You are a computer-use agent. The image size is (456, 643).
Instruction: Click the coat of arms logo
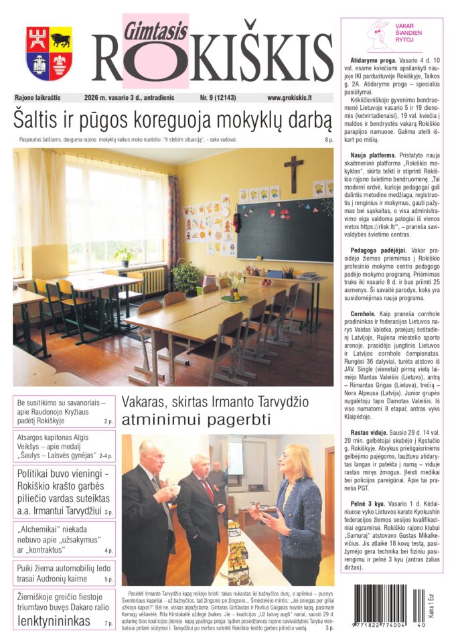(49, 53)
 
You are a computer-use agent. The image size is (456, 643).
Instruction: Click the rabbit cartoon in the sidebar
(382, 35)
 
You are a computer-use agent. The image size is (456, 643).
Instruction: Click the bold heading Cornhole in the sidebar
(362, 313)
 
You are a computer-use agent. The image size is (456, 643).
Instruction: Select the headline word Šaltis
(40, 121)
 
